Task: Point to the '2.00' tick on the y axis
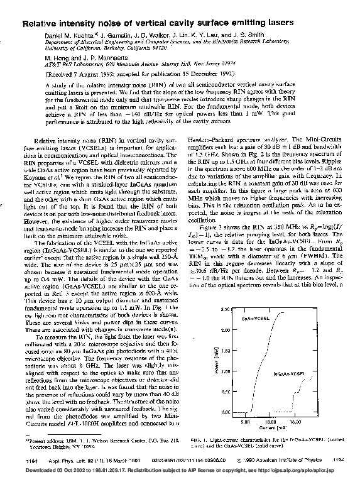(x=225, y=331)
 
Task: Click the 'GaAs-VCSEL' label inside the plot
(x=248, y=320)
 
